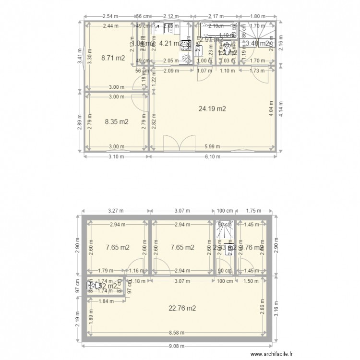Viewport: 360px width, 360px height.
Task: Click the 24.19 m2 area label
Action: point(212,108)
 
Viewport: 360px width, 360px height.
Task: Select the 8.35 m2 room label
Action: point(117,122)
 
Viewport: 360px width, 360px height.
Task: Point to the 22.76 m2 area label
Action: point(183,309)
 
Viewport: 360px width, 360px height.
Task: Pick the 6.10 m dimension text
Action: point(212,156)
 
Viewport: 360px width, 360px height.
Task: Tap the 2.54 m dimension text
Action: point(109,16)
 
